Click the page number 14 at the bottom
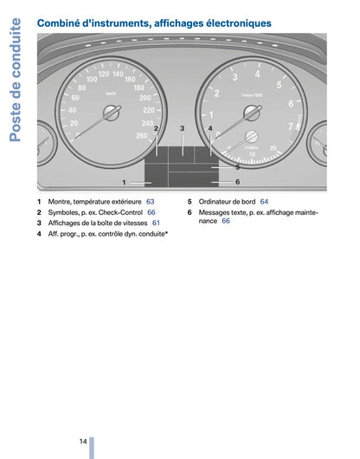coord(82,442)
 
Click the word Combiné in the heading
coord(63,22)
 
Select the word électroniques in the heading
coord(233,22)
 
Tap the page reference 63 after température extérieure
coord(150,202)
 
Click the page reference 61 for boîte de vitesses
coord(156,223)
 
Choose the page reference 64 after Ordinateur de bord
coord(264,202)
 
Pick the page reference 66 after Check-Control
coord(151,212)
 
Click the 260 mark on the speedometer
coord(142,136)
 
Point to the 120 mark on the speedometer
coord(103,75)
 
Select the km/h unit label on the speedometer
coord(111,93)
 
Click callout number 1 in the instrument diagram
coord(124,182)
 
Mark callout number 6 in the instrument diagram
coord(237,182)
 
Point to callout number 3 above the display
coord(183,128)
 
